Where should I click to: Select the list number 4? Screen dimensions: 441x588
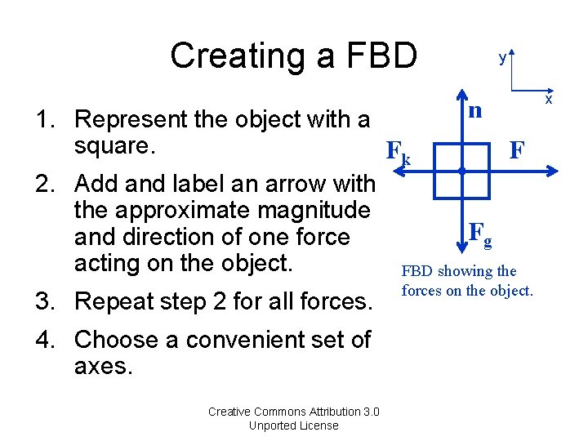tap(42, 339)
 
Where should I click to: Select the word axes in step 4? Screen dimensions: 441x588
tap(102, 365)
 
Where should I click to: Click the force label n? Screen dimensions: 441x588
tap(473, 110)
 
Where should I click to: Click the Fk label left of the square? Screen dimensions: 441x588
tap(398, 152)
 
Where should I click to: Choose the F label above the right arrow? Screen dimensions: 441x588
tap(516, 150)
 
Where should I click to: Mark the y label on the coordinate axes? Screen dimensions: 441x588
tap(503, 59)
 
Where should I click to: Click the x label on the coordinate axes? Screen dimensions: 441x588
tap(549, 100)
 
